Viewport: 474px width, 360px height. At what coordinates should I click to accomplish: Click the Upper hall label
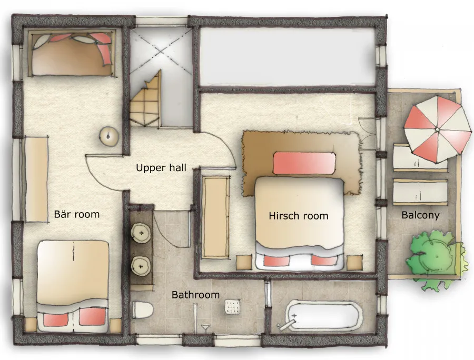[x=161, y=168]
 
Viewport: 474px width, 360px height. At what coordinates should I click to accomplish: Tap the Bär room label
[x=77, y=214]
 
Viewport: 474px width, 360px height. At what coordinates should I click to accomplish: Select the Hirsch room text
[x=299, y=216]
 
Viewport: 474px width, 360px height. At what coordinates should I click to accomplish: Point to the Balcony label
[x=420, y=215]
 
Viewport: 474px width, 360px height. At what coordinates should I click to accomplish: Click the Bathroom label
[x=195, y=295]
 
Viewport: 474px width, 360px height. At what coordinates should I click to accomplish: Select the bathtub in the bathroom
[x=323, y=316]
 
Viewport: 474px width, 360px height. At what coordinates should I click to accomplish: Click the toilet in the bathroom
[x=143, y=310]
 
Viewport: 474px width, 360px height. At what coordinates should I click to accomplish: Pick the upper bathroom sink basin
[x=141, y=233]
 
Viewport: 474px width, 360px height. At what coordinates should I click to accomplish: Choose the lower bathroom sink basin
[x=141, y=266]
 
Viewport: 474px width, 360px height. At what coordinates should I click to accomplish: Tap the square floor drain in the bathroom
[x=232, y=307]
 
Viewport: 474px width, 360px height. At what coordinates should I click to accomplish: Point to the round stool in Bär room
[x=108, y=137]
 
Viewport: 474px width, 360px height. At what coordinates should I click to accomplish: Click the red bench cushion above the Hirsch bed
[x=304, y=163]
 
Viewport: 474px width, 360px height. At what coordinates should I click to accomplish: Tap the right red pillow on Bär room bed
[x=92, y=317]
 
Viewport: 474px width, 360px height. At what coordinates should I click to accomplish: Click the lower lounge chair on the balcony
[x=420, y=192]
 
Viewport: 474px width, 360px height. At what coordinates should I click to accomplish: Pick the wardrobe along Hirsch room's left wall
[x=215, y=217]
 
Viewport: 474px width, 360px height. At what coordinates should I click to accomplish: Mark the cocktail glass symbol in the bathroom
[x=206, y=328]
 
